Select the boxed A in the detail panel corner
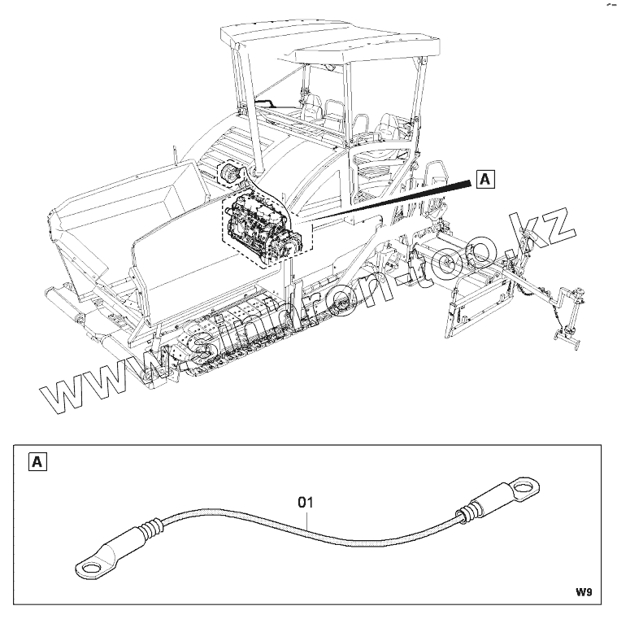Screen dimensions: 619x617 37,463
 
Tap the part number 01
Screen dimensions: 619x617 305,502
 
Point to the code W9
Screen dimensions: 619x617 583,592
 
